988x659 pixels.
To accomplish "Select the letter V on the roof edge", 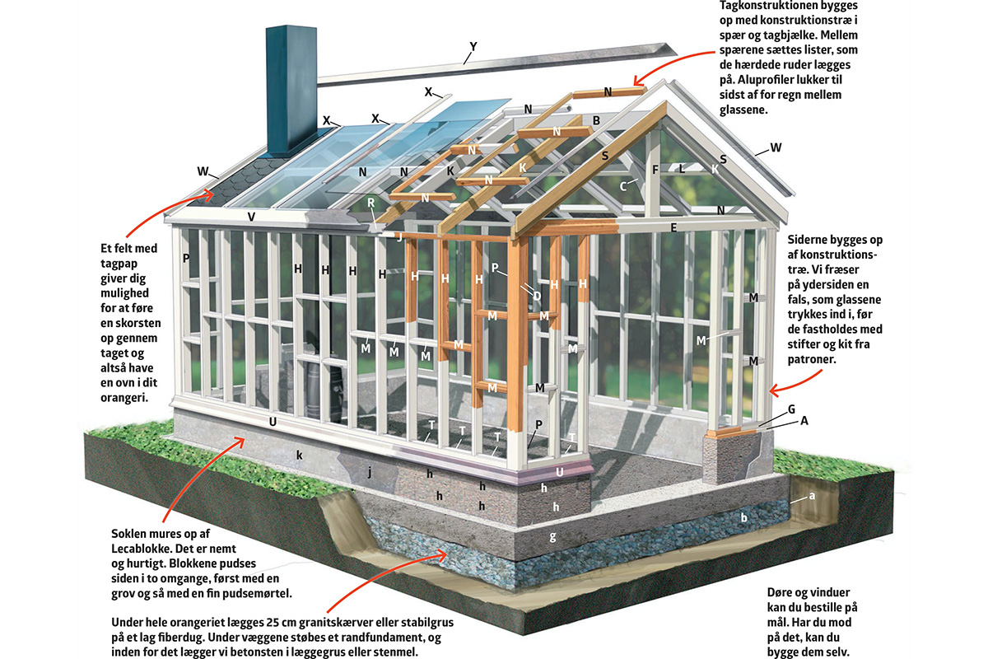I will point(251,217).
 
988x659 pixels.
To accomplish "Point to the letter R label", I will point(371,203).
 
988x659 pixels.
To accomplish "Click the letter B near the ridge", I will point(596,120).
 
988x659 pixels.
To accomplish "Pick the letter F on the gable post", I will point(655,171).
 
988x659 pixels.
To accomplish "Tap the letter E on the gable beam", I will point(673,227).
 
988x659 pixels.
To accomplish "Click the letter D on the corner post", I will point(536,295).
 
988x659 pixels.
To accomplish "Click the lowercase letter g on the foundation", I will point(552,536).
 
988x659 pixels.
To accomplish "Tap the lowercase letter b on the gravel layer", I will point(743,518).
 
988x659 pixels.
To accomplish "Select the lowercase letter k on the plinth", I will point(301,454).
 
